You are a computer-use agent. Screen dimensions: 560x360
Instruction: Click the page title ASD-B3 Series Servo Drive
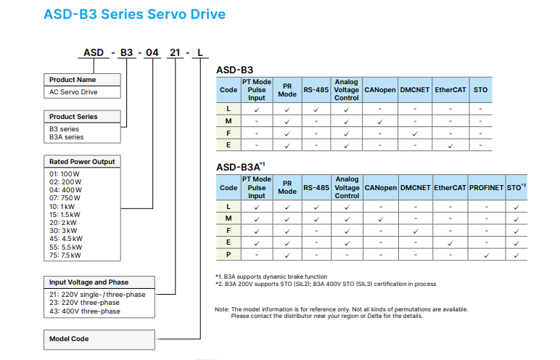tap(135, 15)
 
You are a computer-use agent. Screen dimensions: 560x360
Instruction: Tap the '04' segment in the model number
tap(152, 52)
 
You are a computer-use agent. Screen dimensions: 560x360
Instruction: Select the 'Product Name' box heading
tap(73, 80)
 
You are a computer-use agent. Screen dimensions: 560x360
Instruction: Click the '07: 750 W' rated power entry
tap(65, 198)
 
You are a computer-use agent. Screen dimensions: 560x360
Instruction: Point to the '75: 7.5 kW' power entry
tap(65, 255)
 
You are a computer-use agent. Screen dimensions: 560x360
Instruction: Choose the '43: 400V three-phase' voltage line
tap(85, 311)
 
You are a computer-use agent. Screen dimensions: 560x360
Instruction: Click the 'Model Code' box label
tap(69, 339)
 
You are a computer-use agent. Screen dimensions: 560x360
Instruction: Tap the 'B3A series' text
tap(67, 137)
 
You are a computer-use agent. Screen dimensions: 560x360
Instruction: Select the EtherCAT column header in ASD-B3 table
tap(450, 90)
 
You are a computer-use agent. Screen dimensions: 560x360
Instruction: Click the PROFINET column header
tap(487, 188)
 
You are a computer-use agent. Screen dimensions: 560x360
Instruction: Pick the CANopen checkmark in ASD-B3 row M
tap(380, 121)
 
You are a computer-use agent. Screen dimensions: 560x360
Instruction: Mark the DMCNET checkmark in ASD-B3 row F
tap(415, 134)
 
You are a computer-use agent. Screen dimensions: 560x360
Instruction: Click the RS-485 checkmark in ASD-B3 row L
tap(316, 110)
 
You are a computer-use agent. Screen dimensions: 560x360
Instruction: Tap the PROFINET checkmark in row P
tap(487, 255)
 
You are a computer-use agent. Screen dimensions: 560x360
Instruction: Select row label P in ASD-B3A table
tap(228, 255)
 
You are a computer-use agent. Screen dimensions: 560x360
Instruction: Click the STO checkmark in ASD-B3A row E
tap(516, 243)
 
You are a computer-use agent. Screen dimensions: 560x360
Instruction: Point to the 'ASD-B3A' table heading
tap(241, 167)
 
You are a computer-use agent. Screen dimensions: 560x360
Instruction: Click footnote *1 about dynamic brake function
tap(271, 277)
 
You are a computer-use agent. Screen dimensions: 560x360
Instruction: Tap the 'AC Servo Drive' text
tap(73, 92)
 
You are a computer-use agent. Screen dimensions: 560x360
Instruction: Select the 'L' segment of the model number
tap(200, 52)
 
